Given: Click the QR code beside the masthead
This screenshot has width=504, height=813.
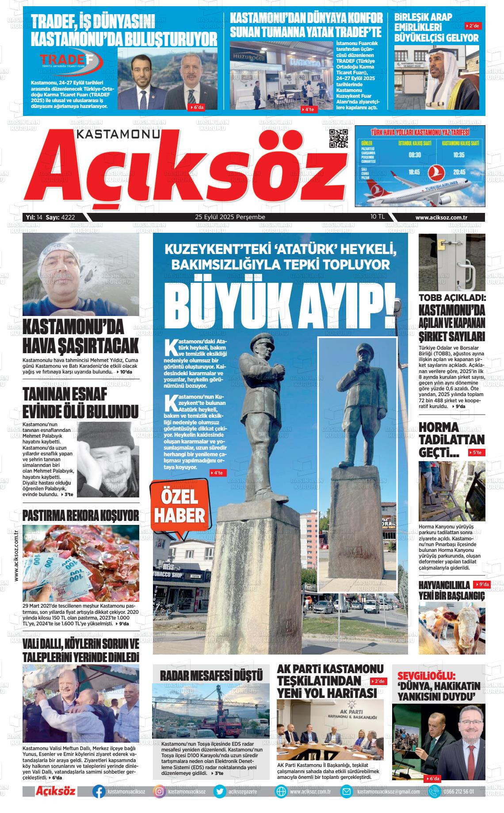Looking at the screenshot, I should (339, 139).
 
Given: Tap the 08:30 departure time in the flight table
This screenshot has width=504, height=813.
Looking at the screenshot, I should (415, 155).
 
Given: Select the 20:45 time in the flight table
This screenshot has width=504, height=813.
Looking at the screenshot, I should (459, 172).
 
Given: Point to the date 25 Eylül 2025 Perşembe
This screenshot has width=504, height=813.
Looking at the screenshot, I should (230, 217).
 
